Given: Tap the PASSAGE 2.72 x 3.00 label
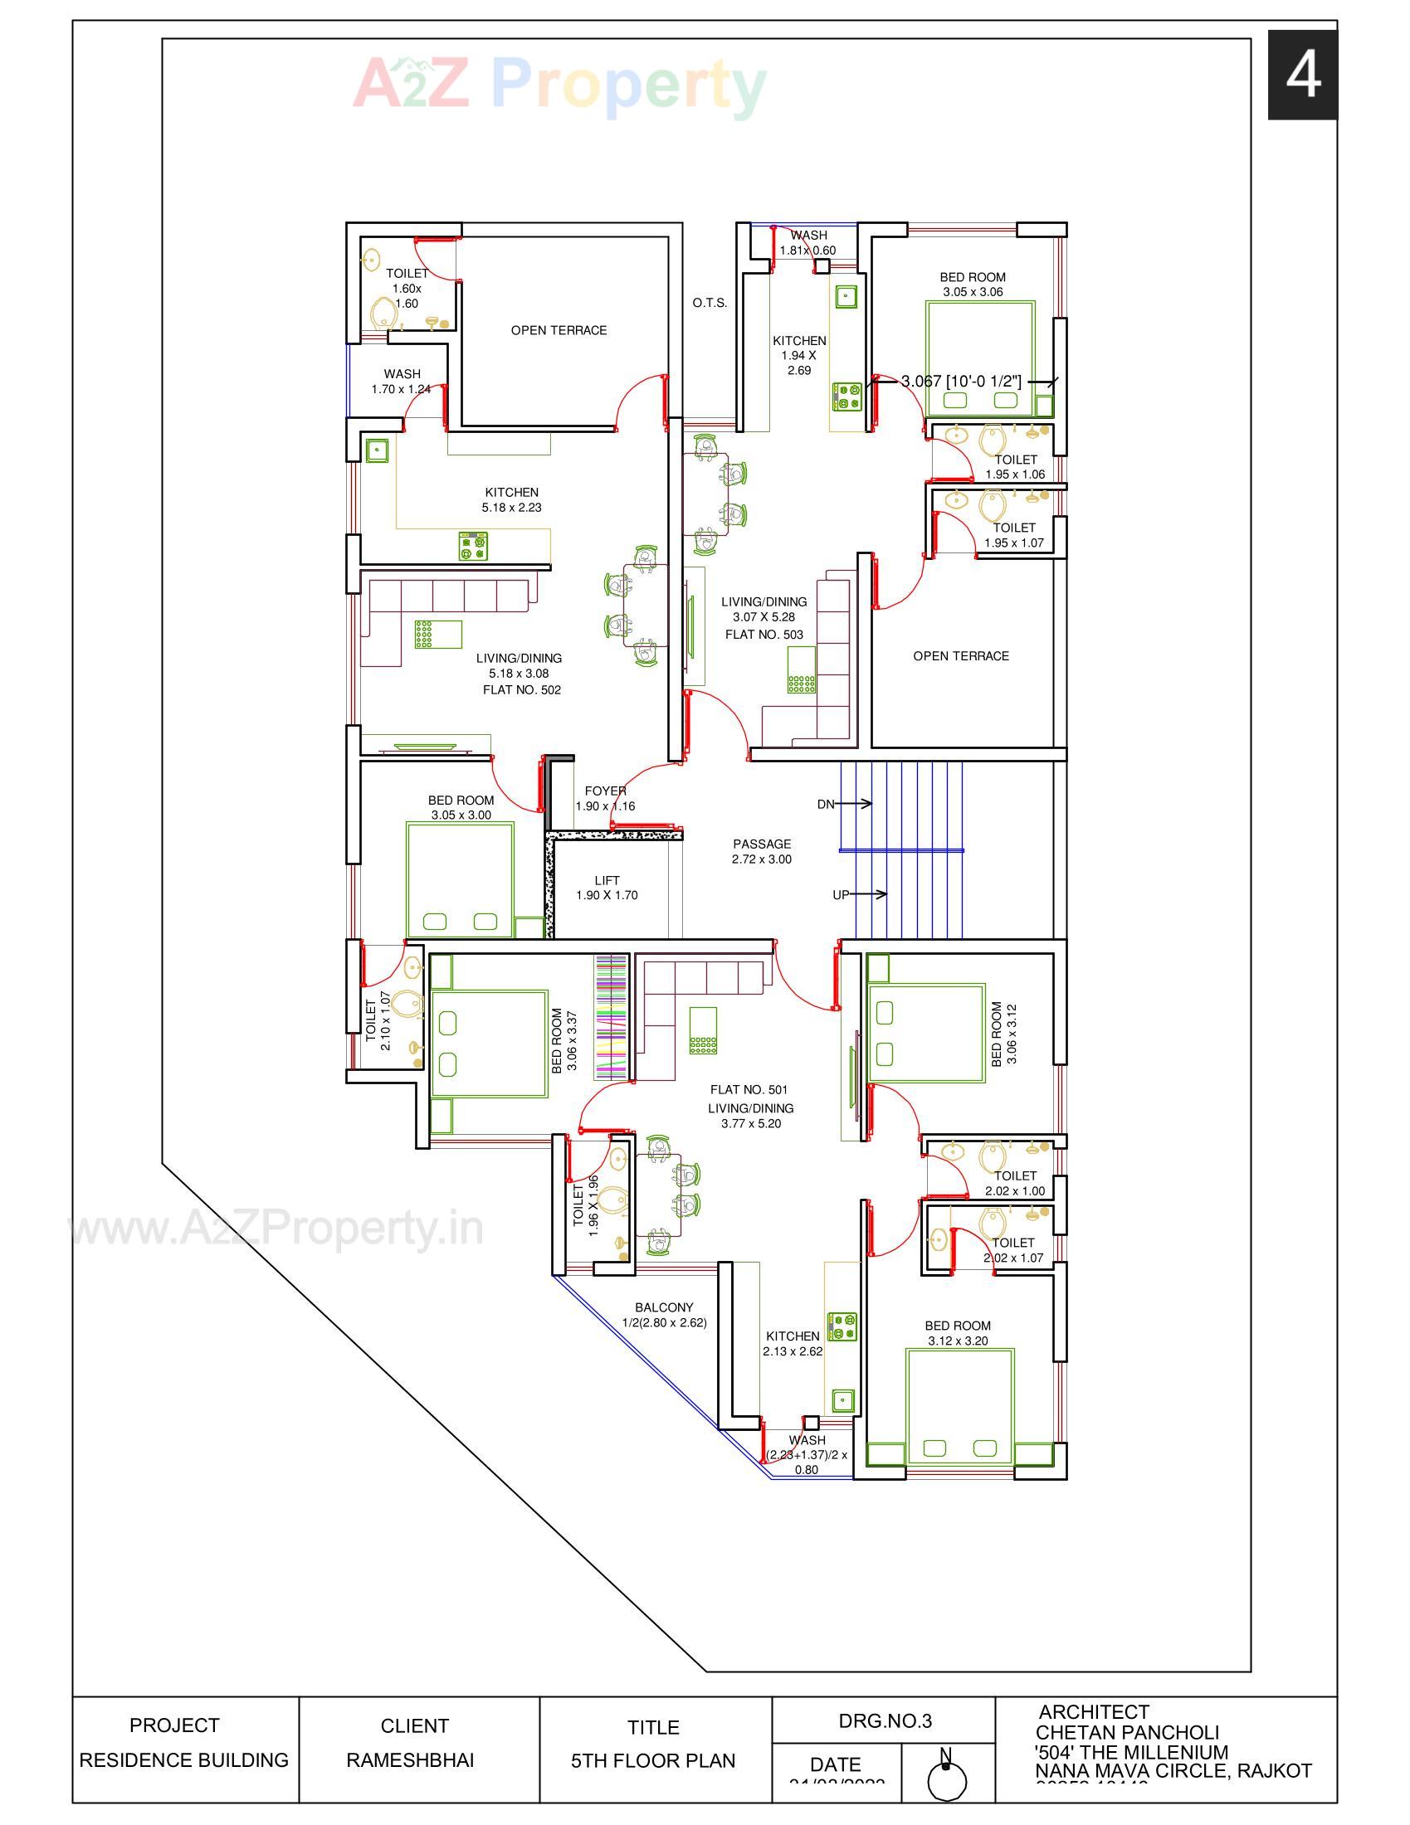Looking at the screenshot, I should click(761, 851).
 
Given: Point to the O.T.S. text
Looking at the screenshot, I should click(710, 304).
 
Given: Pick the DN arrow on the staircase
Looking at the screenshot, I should click(852, 804).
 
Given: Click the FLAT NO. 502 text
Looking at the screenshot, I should click(521, 690).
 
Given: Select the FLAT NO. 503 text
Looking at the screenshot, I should click(764, 635).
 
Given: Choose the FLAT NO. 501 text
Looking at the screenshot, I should click(749, 1090).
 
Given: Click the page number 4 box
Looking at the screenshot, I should click(1301, 75).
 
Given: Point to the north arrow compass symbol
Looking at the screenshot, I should click(947, 1779).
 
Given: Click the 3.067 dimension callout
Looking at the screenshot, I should click(961, 382).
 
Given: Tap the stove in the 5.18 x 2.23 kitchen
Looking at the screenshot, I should click(474, 546).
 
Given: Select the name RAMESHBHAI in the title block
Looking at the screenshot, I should click(409, 1760).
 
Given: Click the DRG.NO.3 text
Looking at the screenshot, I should click(885, 1720).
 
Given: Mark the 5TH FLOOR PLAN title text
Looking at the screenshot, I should click(653, 1761).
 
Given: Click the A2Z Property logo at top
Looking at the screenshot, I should click(559, 84).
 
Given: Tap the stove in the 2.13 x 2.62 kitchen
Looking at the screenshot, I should click(842, 1326).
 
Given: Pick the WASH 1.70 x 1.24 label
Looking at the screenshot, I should click(402, 381).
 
